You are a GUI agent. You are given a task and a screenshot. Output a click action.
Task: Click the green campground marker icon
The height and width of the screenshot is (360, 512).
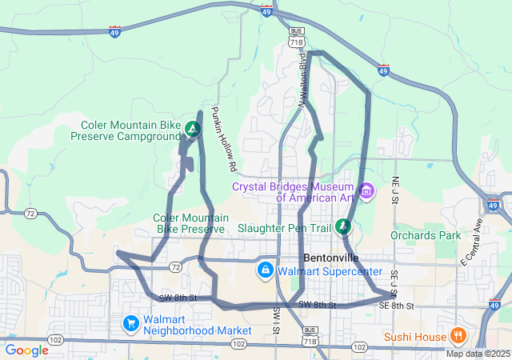pyautogui.click(x=192, y=128)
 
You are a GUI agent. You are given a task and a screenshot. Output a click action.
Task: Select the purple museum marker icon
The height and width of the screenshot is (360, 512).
pyautogui.click(x=367, y=191)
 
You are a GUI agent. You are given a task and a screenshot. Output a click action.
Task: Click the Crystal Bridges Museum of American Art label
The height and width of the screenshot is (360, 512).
pyautogui.click(x=293, y=191)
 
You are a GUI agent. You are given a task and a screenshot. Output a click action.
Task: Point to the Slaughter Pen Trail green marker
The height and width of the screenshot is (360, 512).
pyautogui.click(x=343, y=226)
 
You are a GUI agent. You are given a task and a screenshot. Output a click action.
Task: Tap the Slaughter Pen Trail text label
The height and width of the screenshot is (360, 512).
pyautogui.click(x=285, y=228)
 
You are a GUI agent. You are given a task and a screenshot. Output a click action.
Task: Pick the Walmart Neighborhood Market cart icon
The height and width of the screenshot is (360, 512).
pyautogui.click(x=130, y=323)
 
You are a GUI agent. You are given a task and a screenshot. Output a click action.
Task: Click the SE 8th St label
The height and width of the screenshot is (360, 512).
pyautogui.click(x=396, y=306)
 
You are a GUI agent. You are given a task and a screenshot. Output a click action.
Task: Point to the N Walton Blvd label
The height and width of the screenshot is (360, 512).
pyautogui.click(x=303, y=80)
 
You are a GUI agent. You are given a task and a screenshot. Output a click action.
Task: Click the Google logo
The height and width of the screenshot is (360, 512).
pyautogui.click(x=26, y=350)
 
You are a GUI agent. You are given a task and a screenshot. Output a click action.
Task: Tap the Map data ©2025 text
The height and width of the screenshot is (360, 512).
pyautogui.click(x=478, y=354)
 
